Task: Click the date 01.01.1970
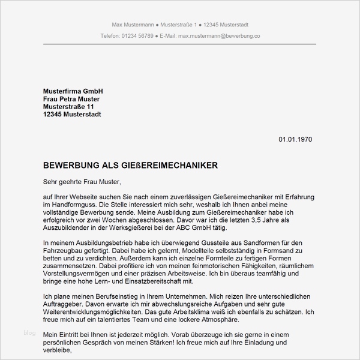click(x=295, y=139)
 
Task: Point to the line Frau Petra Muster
click(x=71, y=98)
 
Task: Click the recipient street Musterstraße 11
click(x=69, y=106)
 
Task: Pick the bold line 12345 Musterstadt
click(x=72, y=114)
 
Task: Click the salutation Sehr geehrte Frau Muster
click(x=82, y=181)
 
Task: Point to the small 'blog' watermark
click(x=30, y=332)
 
